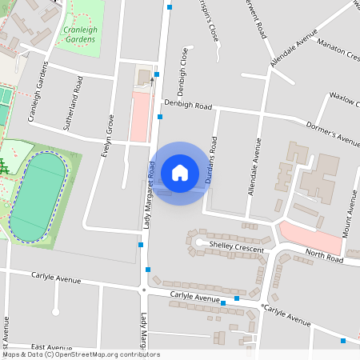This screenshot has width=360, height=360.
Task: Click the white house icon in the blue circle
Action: [x=179, y=172]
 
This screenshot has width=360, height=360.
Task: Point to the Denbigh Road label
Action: [x=188, y=104]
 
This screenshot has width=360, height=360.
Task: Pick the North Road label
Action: [x=323, y=258]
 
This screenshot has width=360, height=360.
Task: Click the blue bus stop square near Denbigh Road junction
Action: [x=160, y=117]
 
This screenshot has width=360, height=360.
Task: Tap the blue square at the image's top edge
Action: [x=170, y=7]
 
